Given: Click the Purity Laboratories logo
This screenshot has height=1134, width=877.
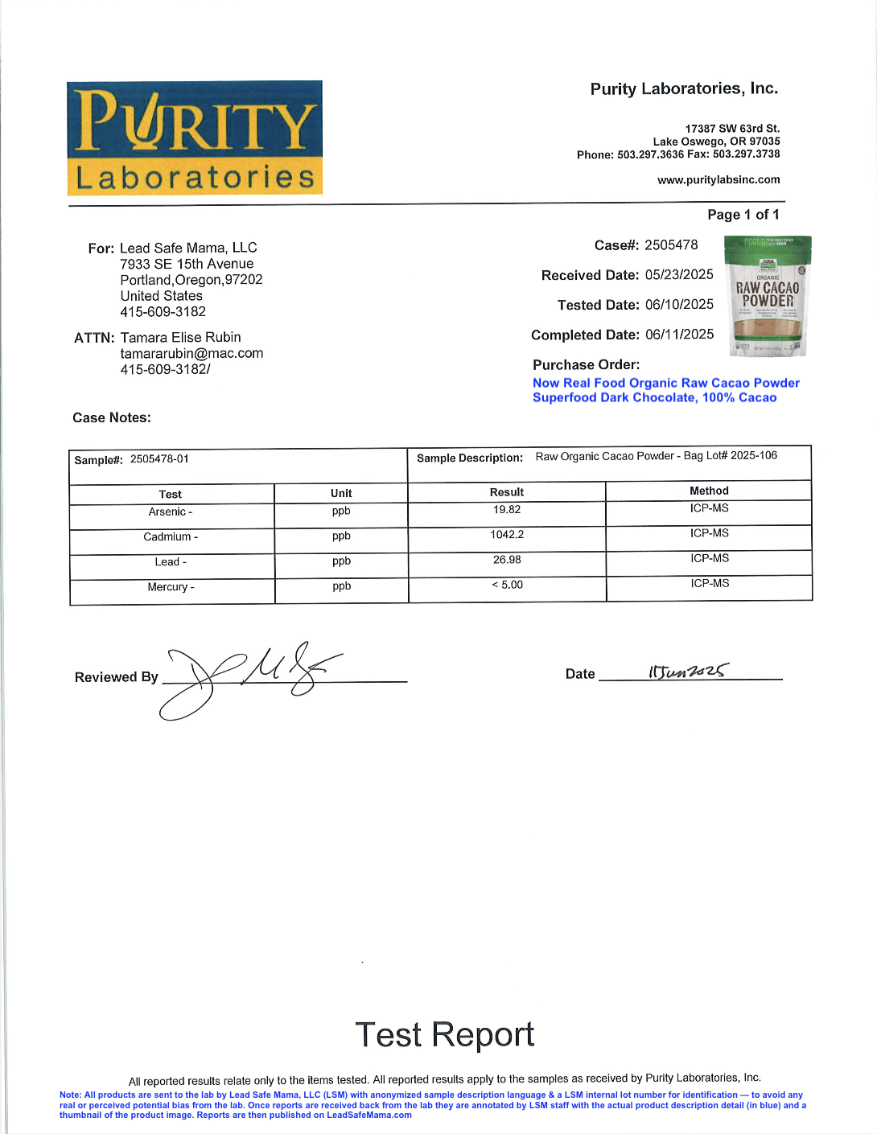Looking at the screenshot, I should pos(195,138).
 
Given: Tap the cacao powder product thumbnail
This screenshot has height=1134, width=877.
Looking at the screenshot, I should pos(768,296).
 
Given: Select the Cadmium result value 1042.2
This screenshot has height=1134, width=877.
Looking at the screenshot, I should pos(507,535).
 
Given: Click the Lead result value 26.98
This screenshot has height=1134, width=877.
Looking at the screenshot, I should pos(507,560).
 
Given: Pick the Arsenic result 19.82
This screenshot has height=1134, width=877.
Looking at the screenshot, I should pos(507,510).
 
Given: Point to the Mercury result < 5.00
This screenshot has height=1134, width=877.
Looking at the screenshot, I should pos(507,585).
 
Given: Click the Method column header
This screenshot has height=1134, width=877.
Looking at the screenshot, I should pos(709,491).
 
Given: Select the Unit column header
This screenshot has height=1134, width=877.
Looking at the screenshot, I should pos(341,493).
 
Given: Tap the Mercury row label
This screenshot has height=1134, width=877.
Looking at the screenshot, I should pos(171,587).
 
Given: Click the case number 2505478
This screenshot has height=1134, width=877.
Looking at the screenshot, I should pos(671,245).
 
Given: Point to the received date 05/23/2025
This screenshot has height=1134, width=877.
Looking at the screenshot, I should pos(679,275).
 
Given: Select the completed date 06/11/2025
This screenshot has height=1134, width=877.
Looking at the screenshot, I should pos(679,335).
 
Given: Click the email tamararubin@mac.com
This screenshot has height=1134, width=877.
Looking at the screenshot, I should pos(191,354).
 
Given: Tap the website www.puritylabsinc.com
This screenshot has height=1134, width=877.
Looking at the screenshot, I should pos(718,180).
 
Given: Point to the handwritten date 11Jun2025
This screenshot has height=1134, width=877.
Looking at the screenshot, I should pos(688,671).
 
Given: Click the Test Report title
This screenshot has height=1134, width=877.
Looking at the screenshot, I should pos(444,1034).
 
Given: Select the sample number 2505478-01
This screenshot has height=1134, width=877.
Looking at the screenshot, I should pos(159,459).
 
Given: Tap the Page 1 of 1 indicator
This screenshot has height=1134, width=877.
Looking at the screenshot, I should pos(743,215).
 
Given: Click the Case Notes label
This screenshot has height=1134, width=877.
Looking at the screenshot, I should pos(112,418).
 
